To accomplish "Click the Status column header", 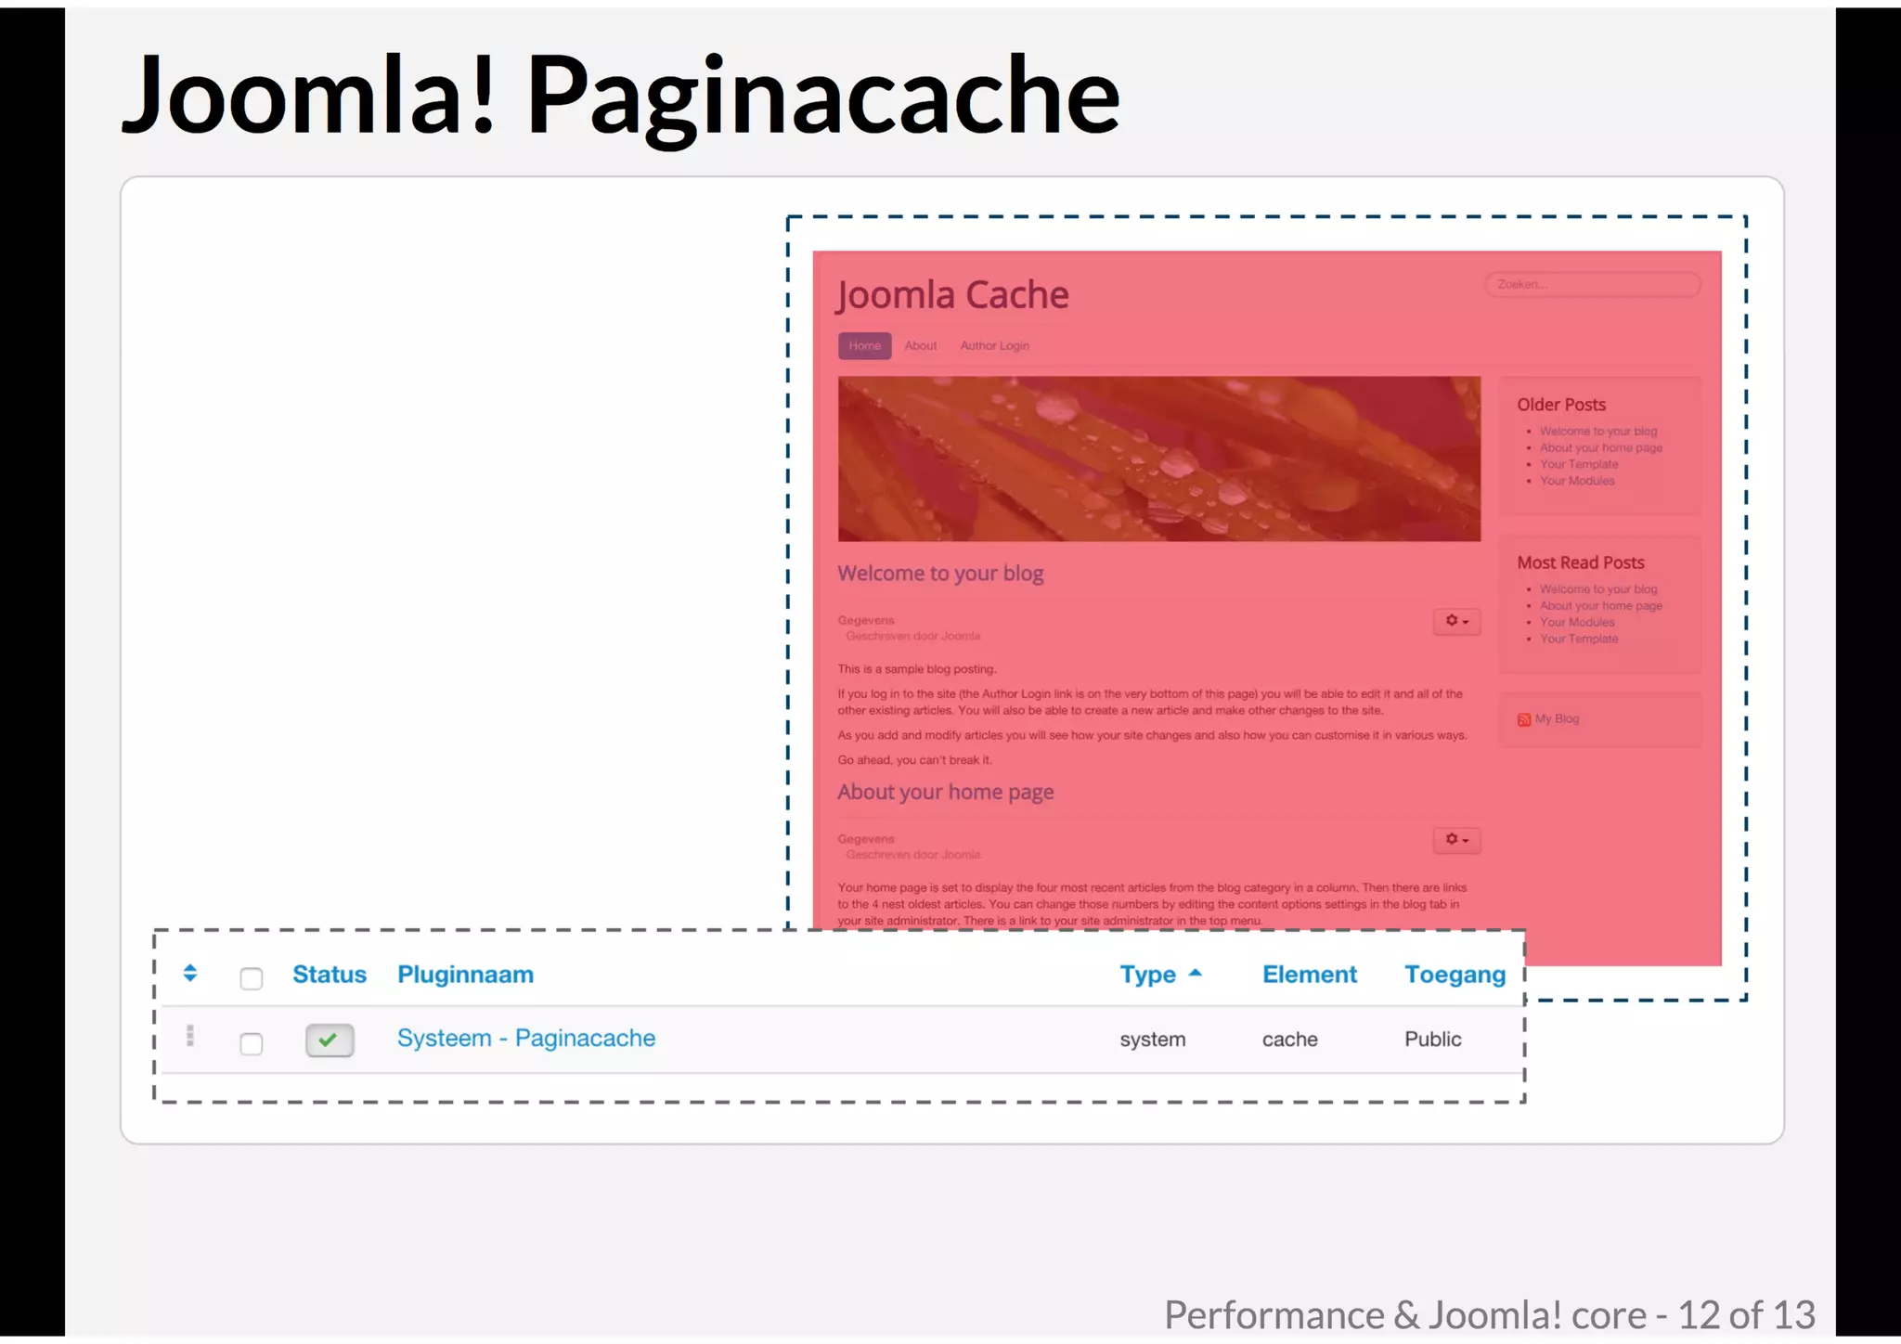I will (x=329, y=975).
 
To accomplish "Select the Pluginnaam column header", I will (x=465, y=975).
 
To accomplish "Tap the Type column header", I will (x=1148, y=975).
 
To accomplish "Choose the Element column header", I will (x=1309, y=975).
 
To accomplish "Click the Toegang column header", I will (x=1455, y=975).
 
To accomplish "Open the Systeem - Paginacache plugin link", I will (x=525, y=1038).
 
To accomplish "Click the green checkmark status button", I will (x=330, y=1040).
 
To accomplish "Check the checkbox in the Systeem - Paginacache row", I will (x=251, y=1043).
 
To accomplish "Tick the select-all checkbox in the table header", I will (x=251, y=978).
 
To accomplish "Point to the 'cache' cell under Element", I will (x=1289, y=1040).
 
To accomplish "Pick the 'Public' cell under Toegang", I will (x=1432, y=1040).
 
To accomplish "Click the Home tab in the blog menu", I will (x=864, y=345).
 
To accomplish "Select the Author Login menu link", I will (x=994, y=345).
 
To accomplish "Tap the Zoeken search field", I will (x=1592, y=284).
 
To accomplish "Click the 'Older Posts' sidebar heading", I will (x=1560, y=405).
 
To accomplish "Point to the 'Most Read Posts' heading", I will (x=1580, y=562).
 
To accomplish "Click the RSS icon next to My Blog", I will (x=1523, y=719).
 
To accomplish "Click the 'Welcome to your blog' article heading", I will (x=940, y=574).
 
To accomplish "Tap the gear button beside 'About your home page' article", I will (x=1455, y=840).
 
